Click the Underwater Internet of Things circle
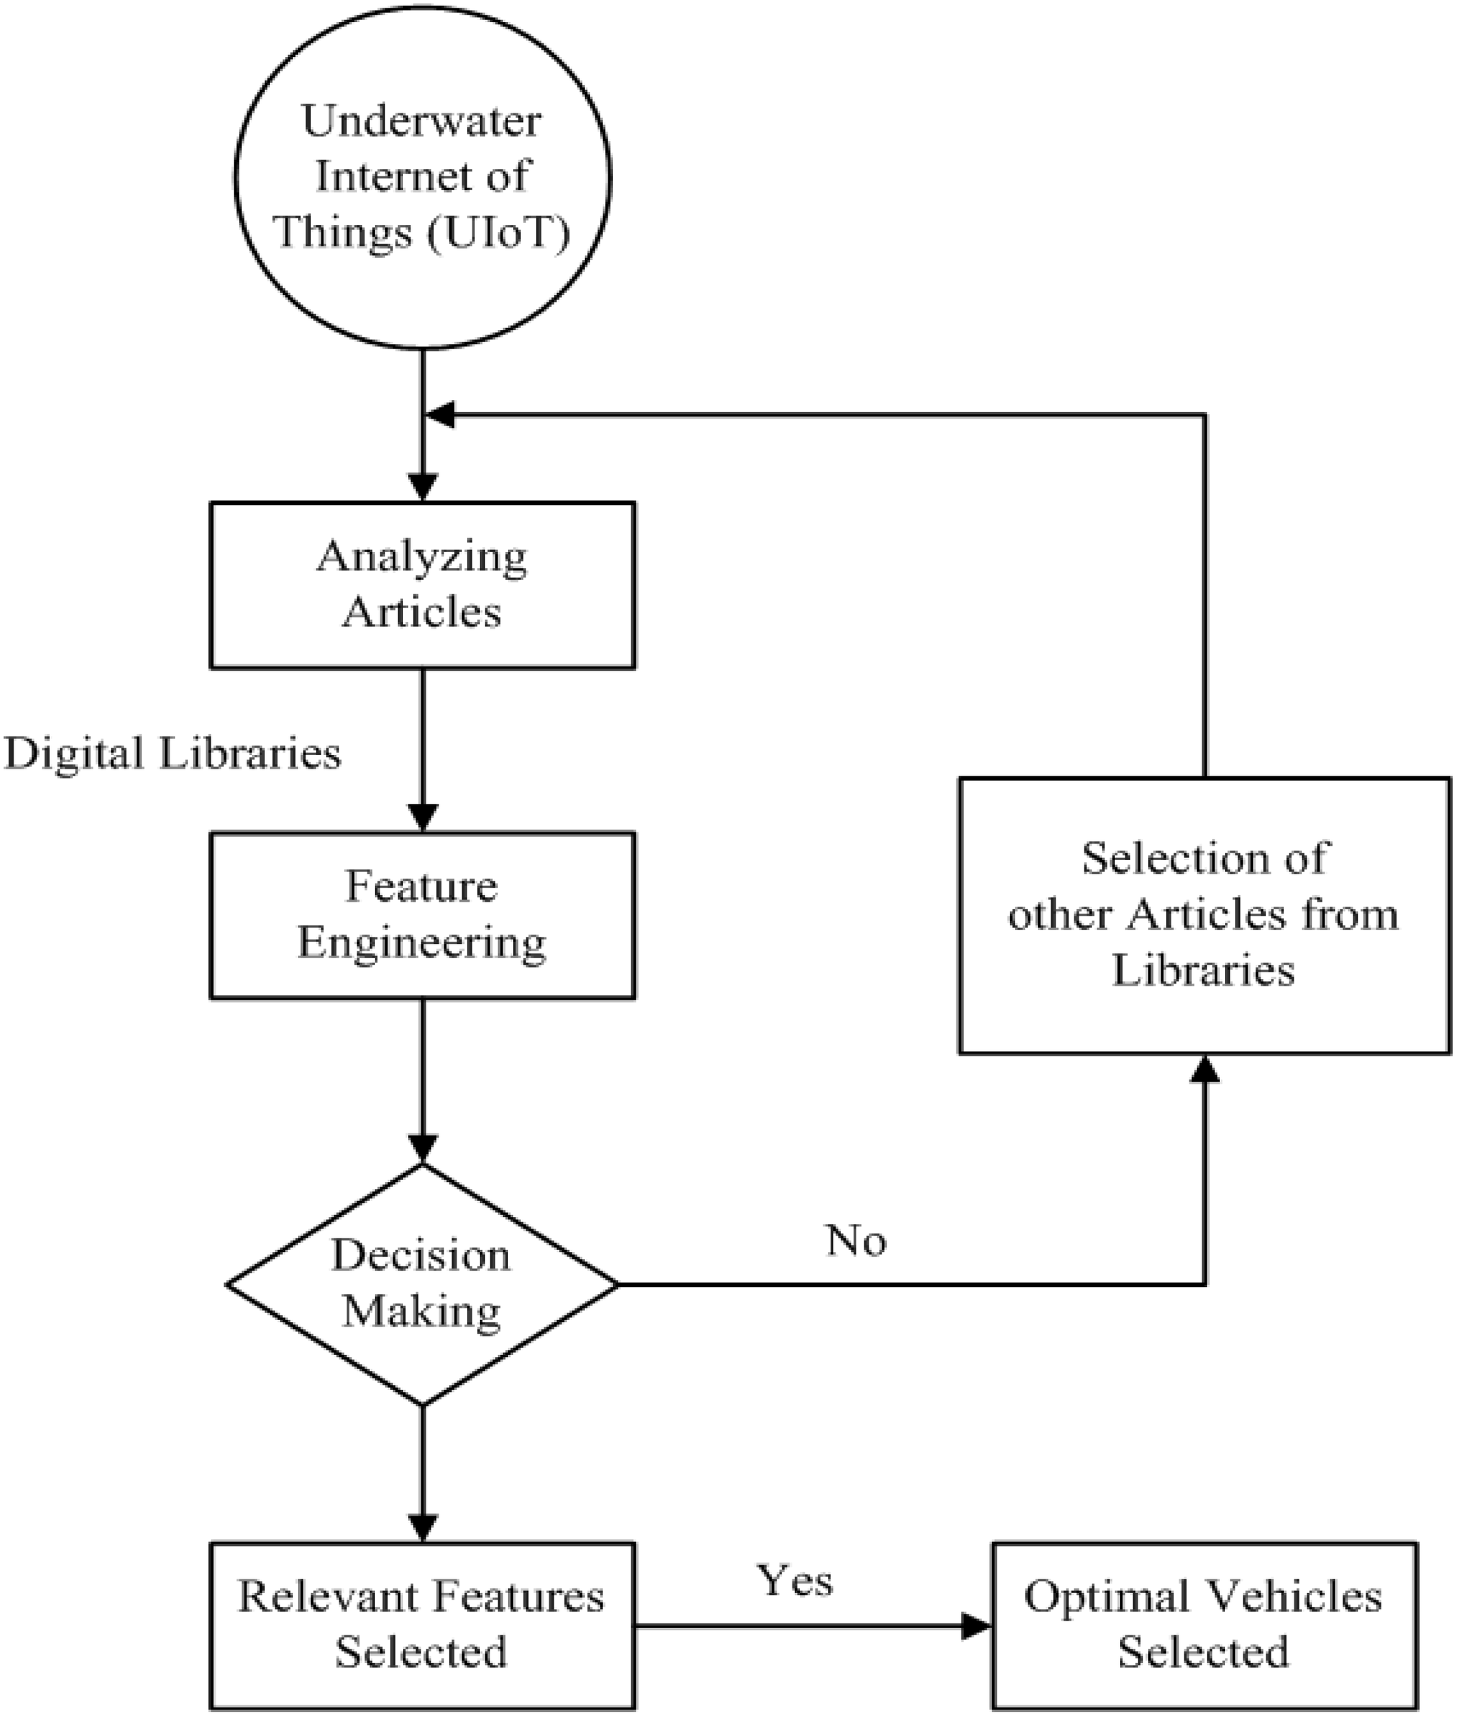pos(423,176)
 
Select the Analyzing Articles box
pos(423,585)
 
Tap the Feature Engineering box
pos(423,915)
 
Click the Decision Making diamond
pos(423,1284)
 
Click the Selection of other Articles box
pos(1204,915)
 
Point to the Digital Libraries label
pos(172,753)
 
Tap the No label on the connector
pos(856,1240)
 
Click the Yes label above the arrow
pos(794,1581)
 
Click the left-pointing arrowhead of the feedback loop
pos(439,415)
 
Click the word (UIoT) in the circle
pos(499,232)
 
